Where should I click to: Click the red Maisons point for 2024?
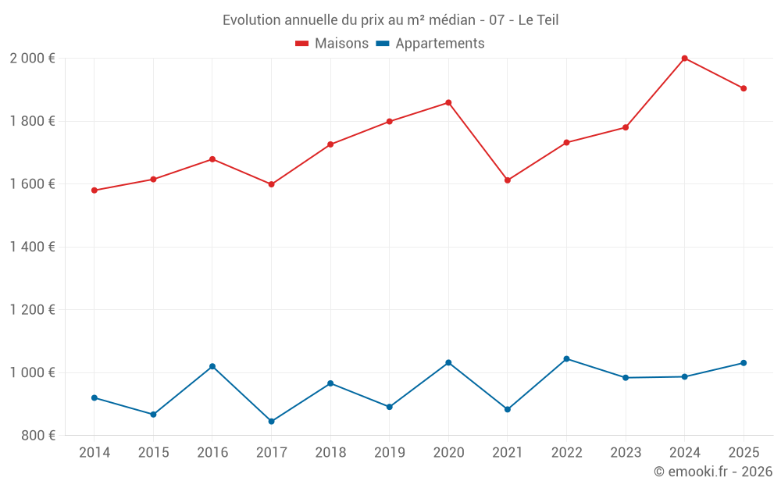pos(684,59)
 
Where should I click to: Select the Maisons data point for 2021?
pos(508,180)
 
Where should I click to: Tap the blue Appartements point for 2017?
pos(271,422)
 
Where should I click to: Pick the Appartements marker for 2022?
pos(566,359)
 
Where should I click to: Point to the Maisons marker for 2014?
pos(95,191)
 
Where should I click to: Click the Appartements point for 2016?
pos(212,366)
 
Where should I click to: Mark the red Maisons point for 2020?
pos(448,102)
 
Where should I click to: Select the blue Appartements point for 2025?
pos(744,363)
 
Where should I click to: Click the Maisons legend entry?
pos(332,44)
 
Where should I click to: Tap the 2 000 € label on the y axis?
pos(32,59)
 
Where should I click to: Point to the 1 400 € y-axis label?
pos(32,247)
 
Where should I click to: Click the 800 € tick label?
pos(37,435)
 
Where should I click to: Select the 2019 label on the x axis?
pos(389,453)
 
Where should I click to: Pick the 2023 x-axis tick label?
pos(626,453)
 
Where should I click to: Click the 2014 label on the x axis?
pos(95,453)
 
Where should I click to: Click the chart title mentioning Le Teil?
pos(390,20)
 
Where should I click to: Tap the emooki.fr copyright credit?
pos(713,472)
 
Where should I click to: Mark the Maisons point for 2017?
pos(271,184)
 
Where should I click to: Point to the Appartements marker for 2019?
pos(389,407)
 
